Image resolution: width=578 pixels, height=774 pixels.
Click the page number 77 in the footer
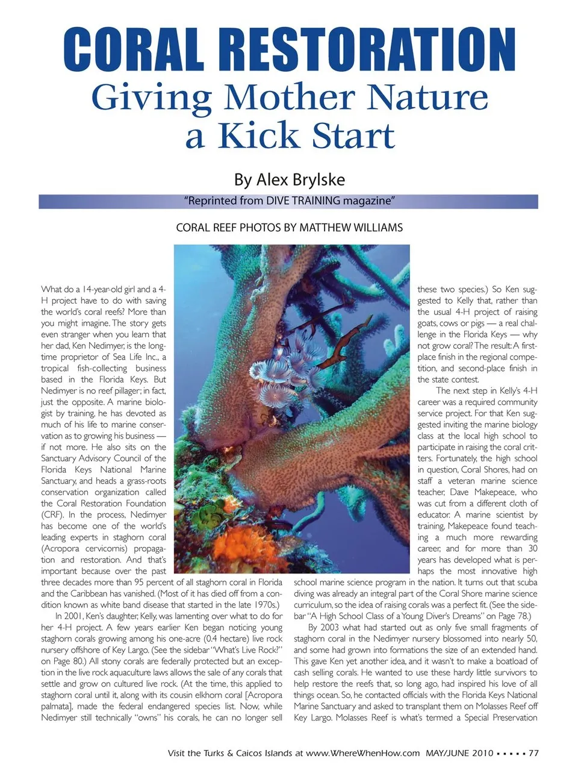533,753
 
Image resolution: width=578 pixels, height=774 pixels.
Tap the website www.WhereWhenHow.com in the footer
362,753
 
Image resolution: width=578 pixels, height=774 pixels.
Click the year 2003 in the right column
331,628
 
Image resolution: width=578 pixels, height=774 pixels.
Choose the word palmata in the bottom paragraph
58,707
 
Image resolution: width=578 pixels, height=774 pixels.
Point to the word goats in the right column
429,323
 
